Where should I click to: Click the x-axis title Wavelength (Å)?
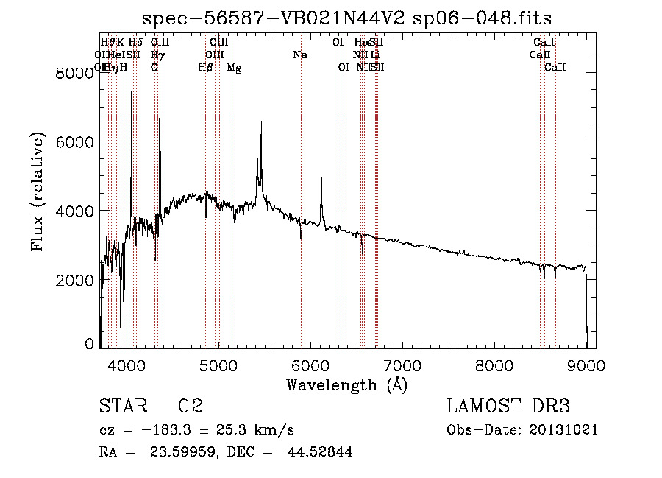[346, 384]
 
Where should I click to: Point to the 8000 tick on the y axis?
[76, 72]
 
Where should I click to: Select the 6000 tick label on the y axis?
[76, 141]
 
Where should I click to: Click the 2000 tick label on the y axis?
[76, 280]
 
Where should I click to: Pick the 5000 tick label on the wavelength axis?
[218, 365]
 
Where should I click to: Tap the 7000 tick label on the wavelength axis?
[402, 365]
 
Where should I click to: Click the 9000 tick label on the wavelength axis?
[586, 365]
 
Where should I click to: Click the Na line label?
[300, 55]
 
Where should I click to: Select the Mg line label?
[234, 68]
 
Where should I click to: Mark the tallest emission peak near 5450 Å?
[261, 123]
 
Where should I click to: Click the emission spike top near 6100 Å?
[321, 178]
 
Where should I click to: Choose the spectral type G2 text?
[191, 407]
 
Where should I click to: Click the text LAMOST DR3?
[508, 407]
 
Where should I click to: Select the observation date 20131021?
[563, 430]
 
